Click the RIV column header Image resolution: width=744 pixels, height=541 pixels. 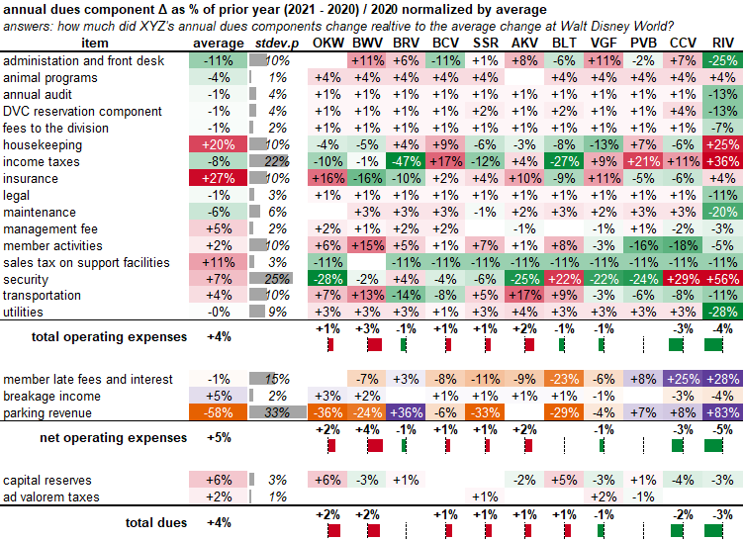click(x=722, y=44)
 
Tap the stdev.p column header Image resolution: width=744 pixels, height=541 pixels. click(x=267, y=44)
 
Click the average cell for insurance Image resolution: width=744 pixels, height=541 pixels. click(x=219, y=178)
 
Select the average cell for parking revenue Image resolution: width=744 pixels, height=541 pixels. click(x=219, y=412)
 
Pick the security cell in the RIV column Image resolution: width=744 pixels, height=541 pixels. click(x=722, y=280)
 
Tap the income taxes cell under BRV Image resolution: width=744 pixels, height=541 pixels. click(x=406, y=161)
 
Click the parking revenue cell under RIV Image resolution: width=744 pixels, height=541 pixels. click(x=722, y=412)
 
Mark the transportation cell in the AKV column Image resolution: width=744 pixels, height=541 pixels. click(x=524, y=296)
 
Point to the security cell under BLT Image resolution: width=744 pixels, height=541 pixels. click(x=564, y=280)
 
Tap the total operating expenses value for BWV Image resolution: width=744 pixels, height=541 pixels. click(x=366, y=328)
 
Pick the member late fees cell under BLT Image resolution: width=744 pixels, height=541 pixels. click(x=564, y=379)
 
